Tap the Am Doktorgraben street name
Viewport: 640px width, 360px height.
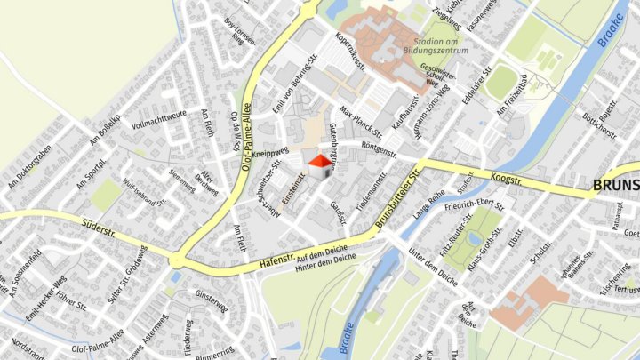tap(29, 166)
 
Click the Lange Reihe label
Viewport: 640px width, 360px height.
tap(428, 205)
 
